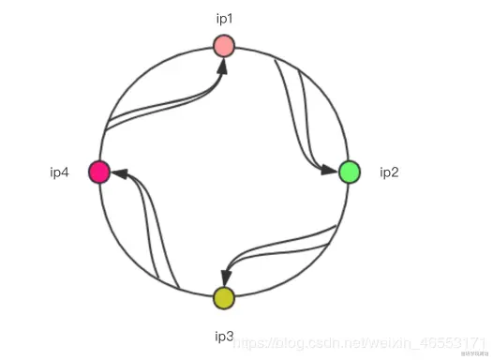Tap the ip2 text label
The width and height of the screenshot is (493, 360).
390,172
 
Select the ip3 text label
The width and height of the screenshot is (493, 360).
223,334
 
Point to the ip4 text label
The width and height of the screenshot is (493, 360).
60,172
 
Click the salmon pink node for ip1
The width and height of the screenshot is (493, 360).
223,45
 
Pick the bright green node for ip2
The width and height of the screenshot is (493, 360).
349,172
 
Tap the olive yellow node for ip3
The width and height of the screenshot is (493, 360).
223,298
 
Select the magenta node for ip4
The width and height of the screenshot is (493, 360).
99,172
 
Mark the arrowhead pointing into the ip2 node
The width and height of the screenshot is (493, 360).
329,170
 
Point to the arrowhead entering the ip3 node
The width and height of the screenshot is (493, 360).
225,277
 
